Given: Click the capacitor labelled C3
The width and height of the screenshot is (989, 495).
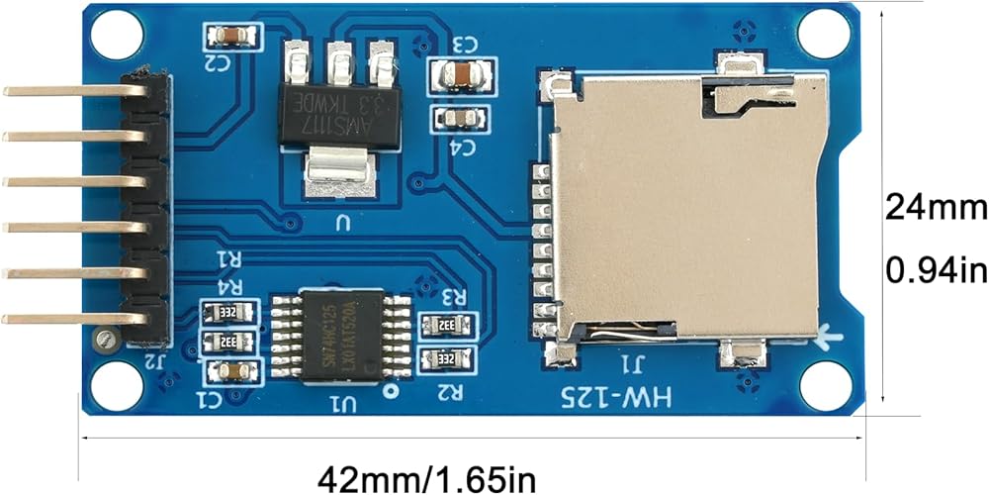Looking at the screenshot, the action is coord(461,73).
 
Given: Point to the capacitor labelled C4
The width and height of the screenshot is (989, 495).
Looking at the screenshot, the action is coord(460,119).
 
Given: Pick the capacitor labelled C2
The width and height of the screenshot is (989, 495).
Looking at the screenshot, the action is coord(232,37).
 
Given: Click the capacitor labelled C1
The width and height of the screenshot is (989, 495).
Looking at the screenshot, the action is coord(232,371).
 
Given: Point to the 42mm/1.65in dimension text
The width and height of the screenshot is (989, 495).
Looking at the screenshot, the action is coord(426,479).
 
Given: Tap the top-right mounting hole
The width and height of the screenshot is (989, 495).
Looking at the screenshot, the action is coord(824,35).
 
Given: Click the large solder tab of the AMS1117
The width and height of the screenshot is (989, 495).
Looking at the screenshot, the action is coord(340,171).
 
